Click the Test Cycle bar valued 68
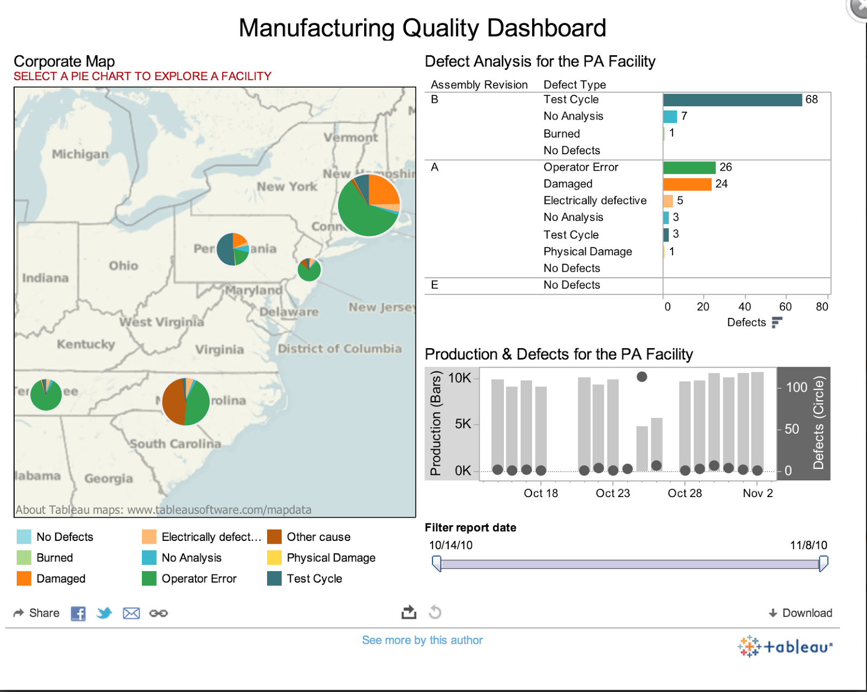732,100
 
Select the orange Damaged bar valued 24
687,184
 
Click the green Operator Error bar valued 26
689,167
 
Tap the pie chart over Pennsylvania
232,249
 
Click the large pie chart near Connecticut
368,205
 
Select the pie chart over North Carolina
186,402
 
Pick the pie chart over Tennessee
46,395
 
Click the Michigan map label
80,154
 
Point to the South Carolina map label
175,444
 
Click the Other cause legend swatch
274,537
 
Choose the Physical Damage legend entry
331,558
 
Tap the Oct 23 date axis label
612,493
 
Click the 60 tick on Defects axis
785,307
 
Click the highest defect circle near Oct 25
642,377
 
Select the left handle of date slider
437,564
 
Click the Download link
800,613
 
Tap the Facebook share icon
78,613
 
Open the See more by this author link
422,640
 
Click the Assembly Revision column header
479,85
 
